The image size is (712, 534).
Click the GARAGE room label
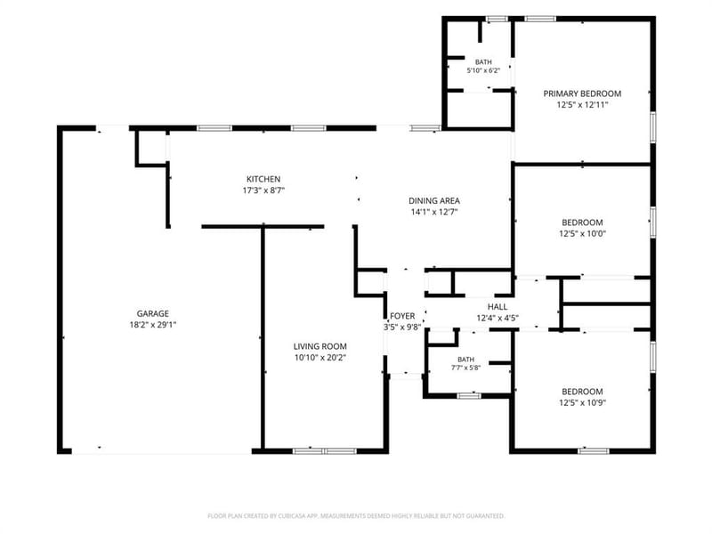[152, 314]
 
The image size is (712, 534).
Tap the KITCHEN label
[263, 180]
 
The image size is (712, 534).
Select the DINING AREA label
[434, 201]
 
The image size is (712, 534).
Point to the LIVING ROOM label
[320, 346]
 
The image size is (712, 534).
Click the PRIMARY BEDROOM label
[582, 94]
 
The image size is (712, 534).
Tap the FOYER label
[402, 316]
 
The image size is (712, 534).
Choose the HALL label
[498, 307]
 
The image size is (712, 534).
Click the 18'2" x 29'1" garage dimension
[152, 325]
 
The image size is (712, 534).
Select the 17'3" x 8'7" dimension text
[263, 190]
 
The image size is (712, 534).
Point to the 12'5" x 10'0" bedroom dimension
[583, 234]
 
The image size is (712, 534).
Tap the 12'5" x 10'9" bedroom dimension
[583, 403]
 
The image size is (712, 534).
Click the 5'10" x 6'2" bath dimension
[483, 71]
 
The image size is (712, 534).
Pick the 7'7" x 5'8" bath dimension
[465, 368]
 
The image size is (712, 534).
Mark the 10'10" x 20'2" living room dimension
[320, 358]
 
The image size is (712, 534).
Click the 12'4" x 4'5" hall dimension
[498, 319]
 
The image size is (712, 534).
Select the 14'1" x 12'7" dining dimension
[434, 212]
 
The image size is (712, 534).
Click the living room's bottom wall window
[325, 451]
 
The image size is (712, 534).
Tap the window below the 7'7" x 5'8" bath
[469, 396]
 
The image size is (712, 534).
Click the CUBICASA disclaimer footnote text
[356, 516]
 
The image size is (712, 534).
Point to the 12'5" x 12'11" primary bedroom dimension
[583, 105]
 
